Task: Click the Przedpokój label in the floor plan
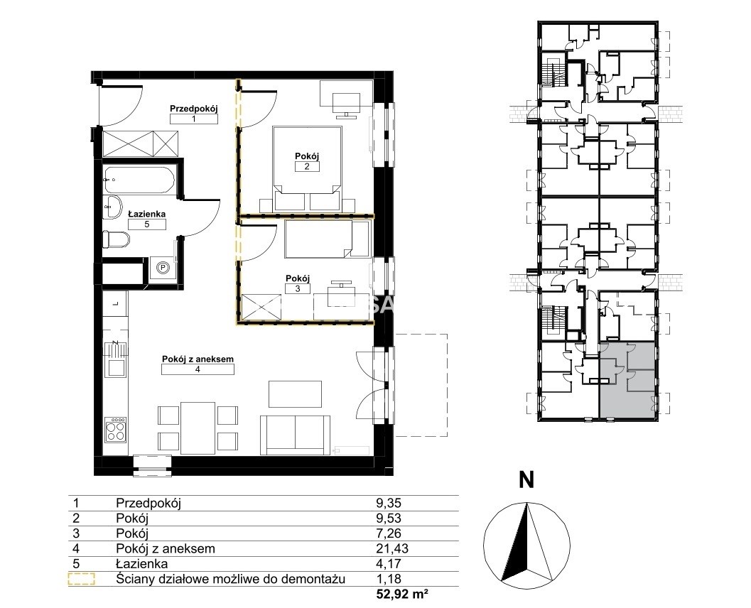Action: pos(193,109)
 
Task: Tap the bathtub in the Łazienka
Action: pos(139,180)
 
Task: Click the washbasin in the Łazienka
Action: pos(113,207)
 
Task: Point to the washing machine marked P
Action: pos(163,268)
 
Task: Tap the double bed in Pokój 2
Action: pos(307,168)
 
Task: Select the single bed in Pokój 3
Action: pos(328,239)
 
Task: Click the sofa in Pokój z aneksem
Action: pos(296,435)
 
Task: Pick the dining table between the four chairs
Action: pos(198,428)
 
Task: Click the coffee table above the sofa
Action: pos(295,394)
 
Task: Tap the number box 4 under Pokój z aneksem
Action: pos(198,369)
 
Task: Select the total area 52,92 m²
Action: pos(401,595)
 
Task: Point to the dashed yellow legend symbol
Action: pos(82,580)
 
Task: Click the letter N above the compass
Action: pos(527,479)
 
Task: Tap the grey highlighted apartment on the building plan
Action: pos(627,381)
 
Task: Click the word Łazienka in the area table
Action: pos(142,563)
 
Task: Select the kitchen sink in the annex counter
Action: pos(117,367)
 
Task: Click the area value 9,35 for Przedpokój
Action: pos(389,503)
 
